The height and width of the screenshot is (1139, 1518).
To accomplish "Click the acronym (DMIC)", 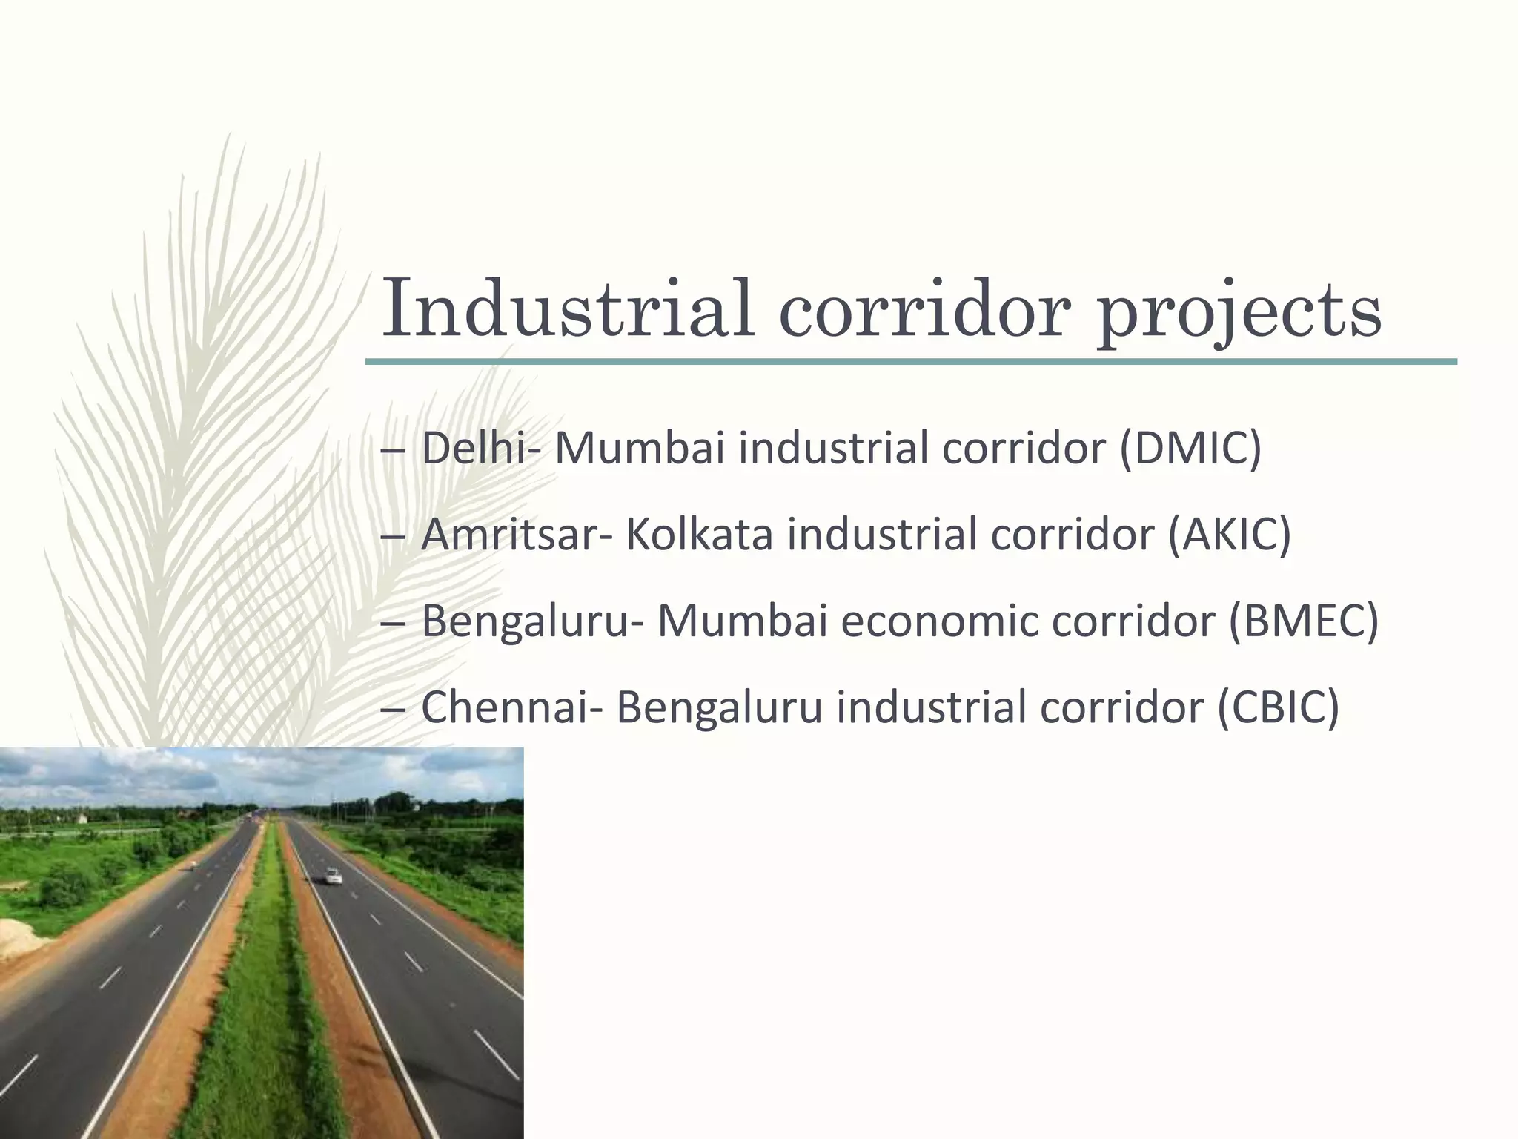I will pyautogui.click(x=1190, y=449).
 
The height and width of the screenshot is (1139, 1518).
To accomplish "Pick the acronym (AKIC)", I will pyautogui.click(x=1229, y=535).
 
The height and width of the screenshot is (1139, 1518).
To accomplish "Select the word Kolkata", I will pyautogui.click(x=699, y=535).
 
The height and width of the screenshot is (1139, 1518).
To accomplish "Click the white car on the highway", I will pyautogui.click(x=334, y=878).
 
